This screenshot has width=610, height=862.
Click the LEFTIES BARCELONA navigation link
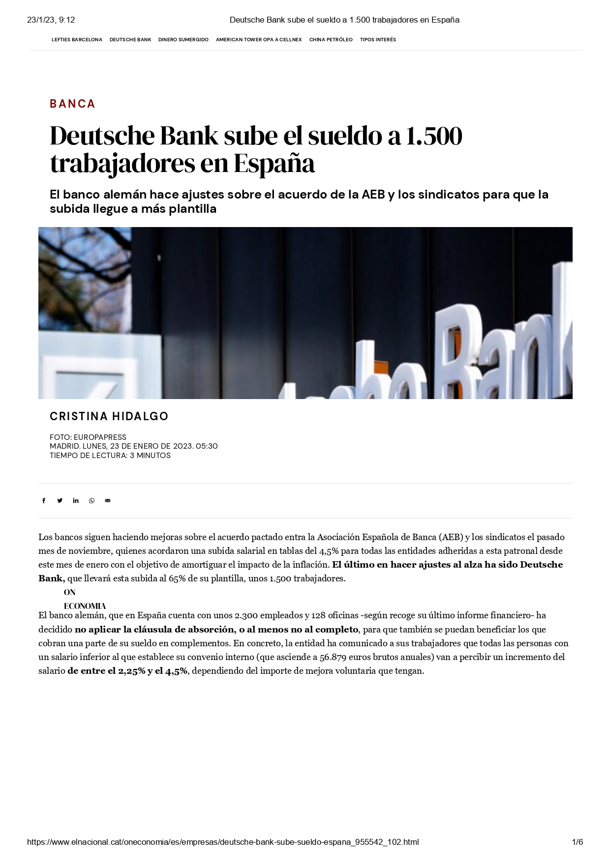point(77,40)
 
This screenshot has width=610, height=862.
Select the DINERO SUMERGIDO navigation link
point(183,40)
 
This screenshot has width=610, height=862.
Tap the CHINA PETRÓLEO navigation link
point(331,40)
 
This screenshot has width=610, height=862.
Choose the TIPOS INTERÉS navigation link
point(378,40)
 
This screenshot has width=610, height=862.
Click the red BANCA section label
point(72,104)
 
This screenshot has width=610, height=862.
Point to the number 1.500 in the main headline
point(432,136)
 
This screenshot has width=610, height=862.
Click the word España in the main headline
point(274,164)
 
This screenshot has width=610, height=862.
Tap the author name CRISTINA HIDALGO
point(109,416)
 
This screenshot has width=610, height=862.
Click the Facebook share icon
point(44,501)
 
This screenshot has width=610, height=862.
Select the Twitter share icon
point(60,501)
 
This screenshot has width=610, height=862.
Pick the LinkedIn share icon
point(76,501)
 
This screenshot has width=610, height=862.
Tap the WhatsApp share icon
point(91,501)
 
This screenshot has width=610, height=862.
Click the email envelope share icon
point(108,501)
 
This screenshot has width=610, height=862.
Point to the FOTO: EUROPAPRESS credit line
point(88,437)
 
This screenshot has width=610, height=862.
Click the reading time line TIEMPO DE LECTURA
point(110,456)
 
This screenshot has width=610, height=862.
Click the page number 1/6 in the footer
point(577,842)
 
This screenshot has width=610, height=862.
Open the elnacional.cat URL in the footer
point(223,842)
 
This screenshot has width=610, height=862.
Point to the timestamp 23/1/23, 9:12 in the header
point(51,20)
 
